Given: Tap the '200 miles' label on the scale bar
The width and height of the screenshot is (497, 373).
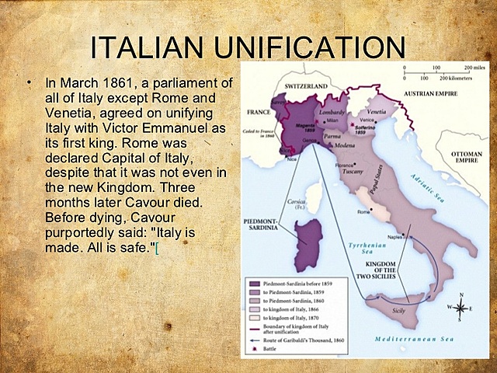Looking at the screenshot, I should (x=471, y=68).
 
